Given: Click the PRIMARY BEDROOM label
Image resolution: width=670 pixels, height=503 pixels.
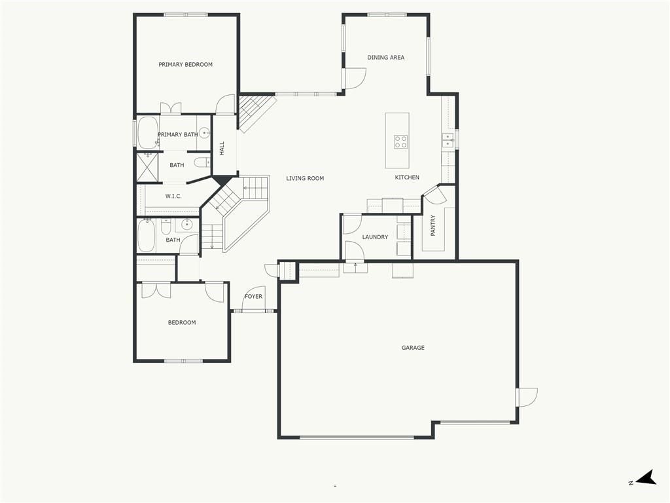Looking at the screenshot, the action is [x=185, y=65].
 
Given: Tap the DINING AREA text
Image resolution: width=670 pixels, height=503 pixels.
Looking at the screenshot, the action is [x=386, y=58].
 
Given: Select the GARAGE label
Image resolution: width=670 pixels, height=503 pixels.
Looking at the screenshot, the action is [x=414, y=348].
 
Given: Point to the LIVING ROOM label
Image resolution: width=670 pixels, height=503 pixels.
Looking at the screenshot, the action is [x=305, y=178].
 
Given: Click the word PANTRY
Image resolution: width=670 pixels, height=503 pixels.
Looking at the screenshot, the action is [x=433, y=225].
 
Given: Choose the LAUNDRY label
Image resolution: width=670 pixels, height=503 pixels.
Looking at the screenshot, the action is [x=375, y=237].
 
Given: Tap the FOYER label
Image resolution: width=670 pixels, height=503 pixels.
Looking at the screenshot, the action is [x=253, y=297].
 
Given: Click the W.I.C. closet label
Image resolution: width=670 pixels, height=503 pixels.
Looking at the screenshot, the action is [x=173, y=196].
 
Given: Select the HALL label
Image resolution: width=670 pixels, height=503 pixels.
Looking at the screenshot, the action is [x=222, y=149].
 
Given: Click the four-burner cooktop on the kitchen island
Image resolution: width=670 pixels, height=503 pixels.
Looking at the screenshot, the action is [x=401, y=141].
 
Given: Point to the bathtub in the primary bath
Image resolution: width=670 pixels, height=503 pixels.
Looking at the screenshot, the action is [x=148, y=132].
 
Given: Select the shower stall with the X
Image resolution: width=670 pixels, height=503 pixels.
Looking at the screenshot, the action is [x=147, y=167].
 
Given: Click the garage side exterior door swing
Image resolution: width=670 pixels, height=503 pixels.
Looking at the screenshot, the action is [x=527, y=397].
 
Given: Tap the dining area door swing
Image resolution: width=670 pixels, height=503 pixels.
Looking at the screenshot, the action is [x=355, y=79].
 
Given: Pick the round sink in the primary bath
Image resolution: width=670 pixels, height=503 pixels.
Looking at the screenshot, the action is [x=205, y=133].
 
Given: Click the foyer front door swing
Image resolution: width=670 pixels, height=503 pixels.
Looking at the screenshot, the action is [x=254, y=298].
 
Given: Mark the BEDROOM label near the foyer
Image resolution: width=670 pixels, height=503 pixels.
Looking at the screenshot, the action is [x=182, y=322].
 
